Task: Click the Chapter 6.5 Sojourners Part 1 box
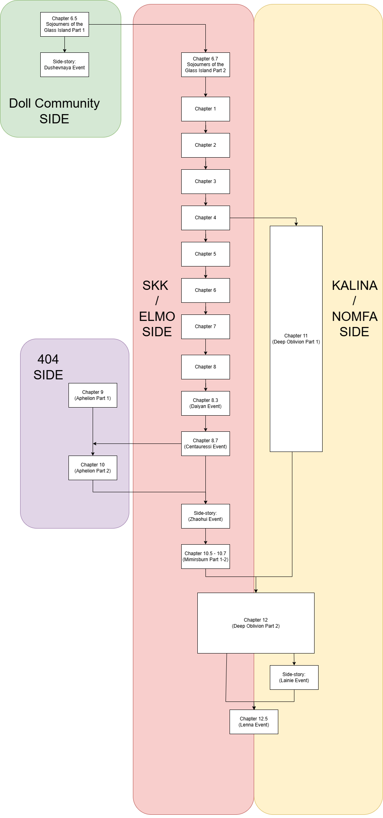point(64,24)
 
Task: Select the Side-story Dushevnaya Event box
point(64,65)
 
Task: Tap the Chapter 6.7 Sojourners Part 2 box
point(205,65)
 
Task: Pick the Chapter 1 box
point(205,109)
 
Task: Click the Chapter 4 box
point(205,218)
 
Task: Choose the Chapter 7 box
point(205,327)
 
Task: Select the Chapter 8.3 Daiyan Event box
point(205,403)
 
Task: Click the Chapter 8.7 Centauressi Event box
point(205,443)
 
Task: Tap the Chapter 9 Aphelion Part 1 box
point(93,395)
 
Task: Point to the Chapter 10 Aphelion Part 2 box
point(93,468)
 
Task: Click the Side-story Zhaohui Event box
point(205,516)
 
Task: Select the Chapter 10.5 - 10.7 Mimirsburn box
point(205,556)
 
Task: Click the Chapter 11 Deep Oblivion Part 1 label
point(296,339)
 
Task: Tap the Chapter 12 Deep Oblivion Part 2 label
point(256,623)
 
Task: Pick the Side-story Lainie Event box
point(294,677)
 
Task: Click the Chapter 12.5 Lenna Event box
point(254,722)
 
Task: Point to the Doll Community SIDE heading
point(54,111)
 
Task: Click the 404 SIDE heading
point(48,367)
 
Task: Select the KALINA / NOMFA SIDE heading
point(354,308)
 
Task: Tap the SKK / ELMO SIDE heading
point(157,308)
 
